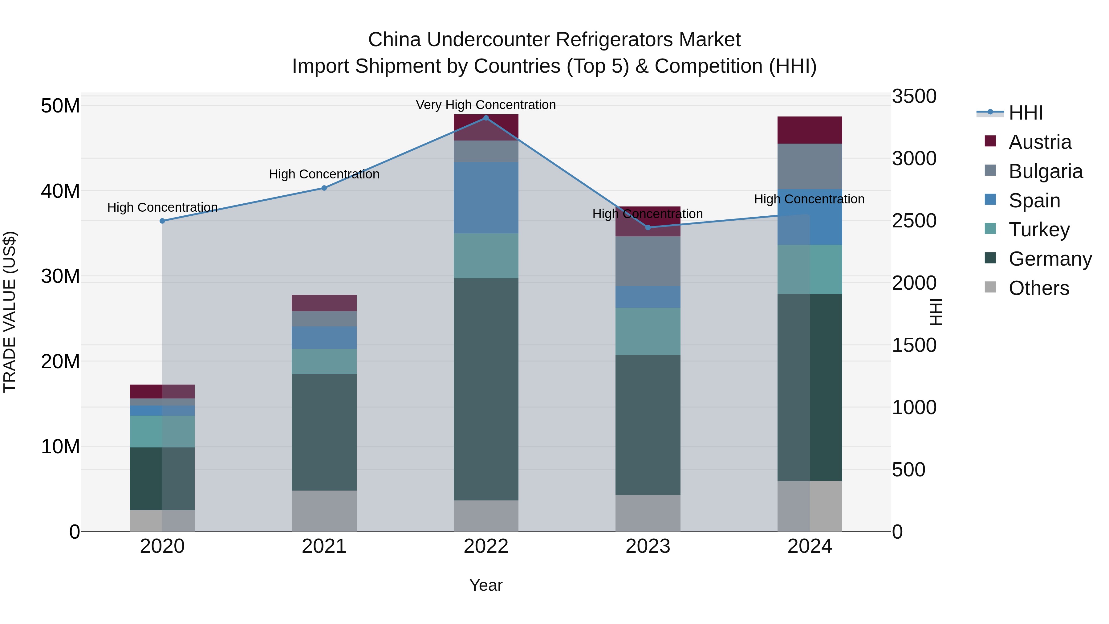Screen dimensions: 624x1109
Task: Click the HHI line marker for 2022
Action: coord(486,118)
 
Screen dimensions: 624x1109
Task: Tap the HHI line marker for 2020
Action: coord(162,221)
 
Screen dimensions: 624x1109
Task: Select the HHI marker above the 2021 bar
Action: coord(324,188)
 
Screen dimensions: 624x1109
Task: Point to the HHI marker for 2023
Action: coord(648,227)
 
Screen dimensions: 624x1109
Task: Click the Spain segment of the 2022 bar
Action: coord(486,198)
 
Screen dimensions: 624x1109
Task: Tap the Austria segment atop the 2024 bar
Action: coord(810,130)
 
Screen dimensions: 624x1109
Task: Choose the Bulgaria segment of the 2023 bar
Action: coord(648,261)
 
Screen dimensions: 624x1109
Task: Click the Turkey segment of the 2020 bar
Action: coord(162,431)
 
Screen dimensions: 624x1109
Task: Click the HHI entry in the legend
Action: coord(1026,113)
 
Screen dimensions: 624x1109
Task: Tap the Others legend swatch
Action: coord(990,287)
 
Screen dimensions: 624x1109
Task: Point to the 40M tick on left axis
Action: coord(60,191)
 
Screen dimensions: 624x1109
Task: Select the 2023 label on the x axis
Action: coord(648,546)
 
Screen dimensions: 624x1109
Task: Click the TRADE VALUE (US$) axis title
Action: coord(10,312)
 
